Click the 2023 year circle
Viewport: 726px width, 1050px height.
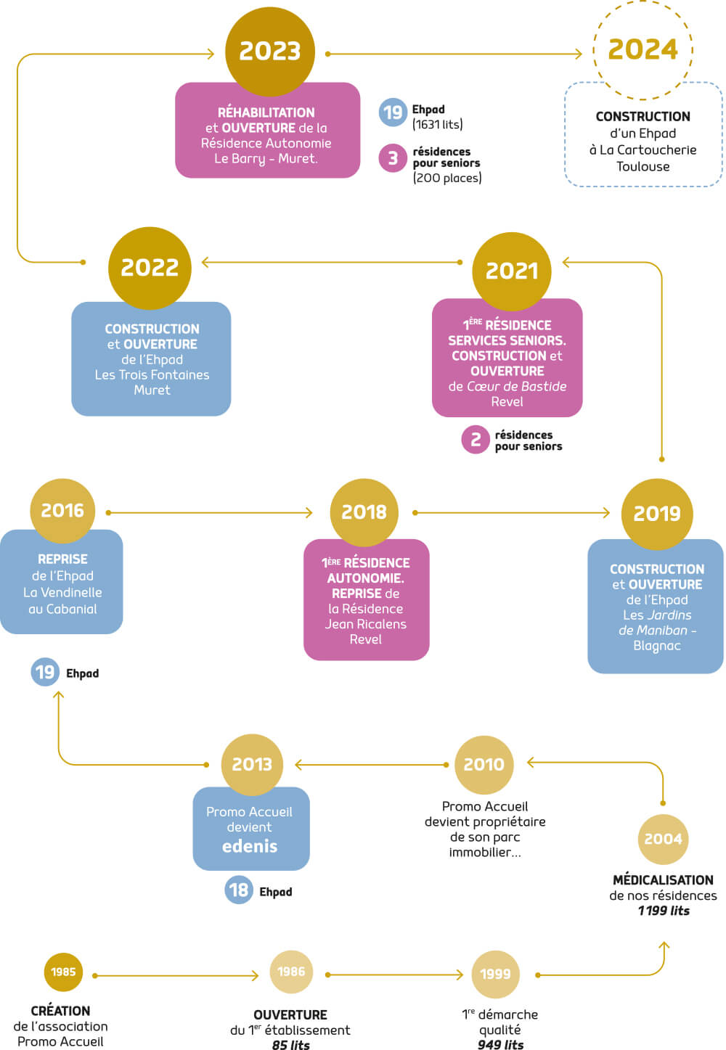coord(269,50)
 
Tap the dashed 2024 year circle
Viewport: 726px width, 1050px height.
coord(643,49)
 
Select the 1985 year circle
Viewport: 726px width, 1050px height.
coord(63,972)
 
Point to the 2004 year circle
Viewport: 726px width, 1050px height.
coord(663,839)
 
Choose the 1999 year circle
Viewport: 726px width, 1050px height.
coord(495,974)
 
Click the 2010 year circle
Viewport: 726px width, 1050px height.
coord(484,764)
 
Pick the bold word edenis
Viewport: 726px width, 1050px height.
coord(250,846)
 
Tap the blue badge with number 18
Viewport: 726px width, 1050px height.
coord(239,890)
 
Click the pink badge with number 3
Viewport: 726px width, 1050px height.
coord(393,158)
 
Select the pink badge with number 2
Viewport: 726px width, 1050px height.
coord(476,439)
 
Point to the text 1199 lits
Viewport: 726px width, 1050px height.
coord(664,911)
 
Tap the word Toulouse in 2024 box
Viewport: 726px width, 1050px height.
coord(643,167)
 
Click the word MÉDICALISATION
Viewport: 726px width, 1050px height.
coord(663,879)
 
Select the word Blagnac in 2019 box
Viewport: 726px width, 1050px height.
coord(656,646)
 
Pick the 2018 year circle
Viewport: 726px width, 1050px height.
coord(364,512)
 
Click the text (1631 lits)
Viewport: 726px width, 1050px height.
coord(437,125)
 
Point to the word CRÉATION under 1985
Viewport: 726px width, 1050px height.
coord(60,1011)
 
